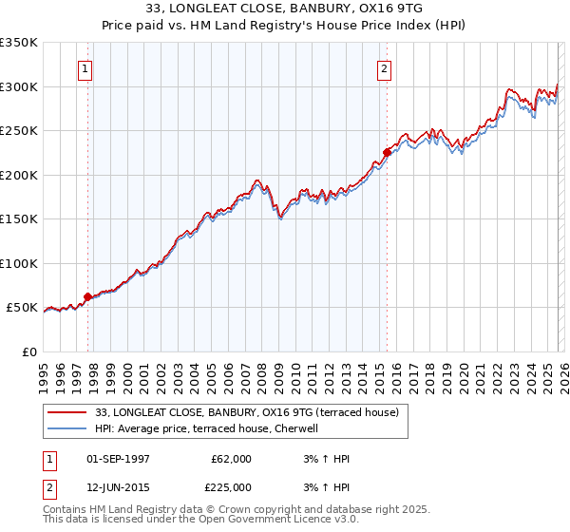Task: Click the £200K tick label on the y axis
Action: pos(19,175)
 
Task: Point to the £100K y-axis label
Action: pos(19,263)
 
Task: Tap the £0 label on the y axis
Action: pos(28,351)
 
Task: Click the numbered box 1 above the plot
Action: pos(85,68)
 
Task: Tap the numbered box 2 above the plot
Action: pos(384,68)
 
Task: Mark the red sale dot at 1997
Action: pos(88,296)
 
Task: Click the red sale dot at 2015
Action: pos(387,152)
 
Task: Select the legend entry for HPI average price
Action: pos(209,428)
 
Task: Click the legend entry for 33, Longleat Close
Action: pos(252,412)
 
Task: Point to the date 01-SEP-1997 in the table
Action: pos(118,459)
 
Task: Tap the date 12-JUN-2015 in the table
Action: pos(118,487)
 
